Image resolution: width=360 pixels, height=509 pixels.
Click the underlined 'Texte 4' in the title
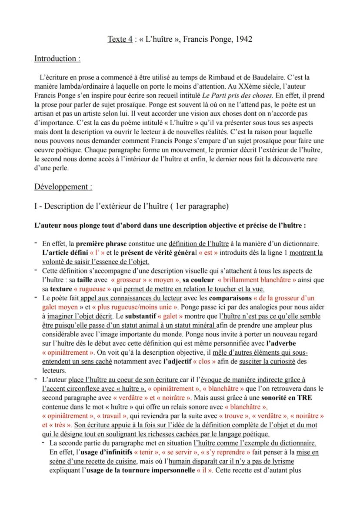click(x=120, y=40)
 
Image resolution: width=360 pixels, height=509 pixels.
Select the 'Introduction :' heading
click(x=57, y=58)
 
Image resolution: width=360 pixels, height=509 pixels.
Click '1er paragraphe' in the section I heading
click(x=201, y=206)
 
